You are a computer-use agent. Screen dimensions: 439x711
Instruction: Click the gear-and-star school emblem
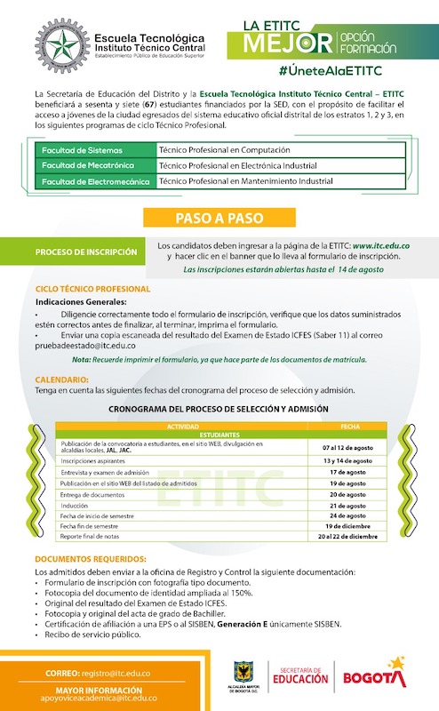(61, 44)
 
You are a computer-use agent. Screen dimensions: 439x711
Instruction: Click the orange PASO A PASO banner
(219, 217)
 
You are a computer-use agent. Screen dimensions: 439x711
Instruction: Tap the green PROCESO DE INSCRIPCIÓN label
(86, 252)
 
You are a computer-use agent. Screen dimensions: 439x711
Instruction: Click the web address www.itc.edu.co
(380, 244)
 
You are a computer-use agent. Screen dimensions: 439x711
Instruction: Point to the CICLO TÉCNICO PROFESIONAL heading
(92, 289)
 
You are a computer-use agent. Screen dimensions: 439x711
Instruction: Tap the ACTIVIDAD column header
(183, 427)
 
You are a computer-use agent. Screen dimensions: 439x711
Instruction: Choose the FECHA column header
(349, 427)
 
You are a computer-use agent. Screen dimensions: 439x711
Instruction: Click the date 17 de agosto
(349, 473)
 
